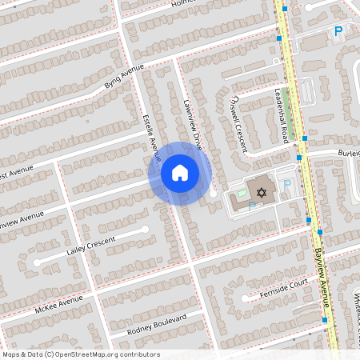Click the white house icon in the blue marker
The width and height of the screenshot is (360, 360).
(x=180, y=173)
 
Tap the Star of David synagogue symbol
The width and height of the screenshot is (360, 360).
(x=260, y=192)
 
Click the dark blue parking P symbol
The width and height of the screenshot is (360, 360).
(x=338, y=32)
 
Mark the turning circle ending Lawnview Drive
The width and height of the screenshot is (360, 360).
(x=213, y=194)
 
